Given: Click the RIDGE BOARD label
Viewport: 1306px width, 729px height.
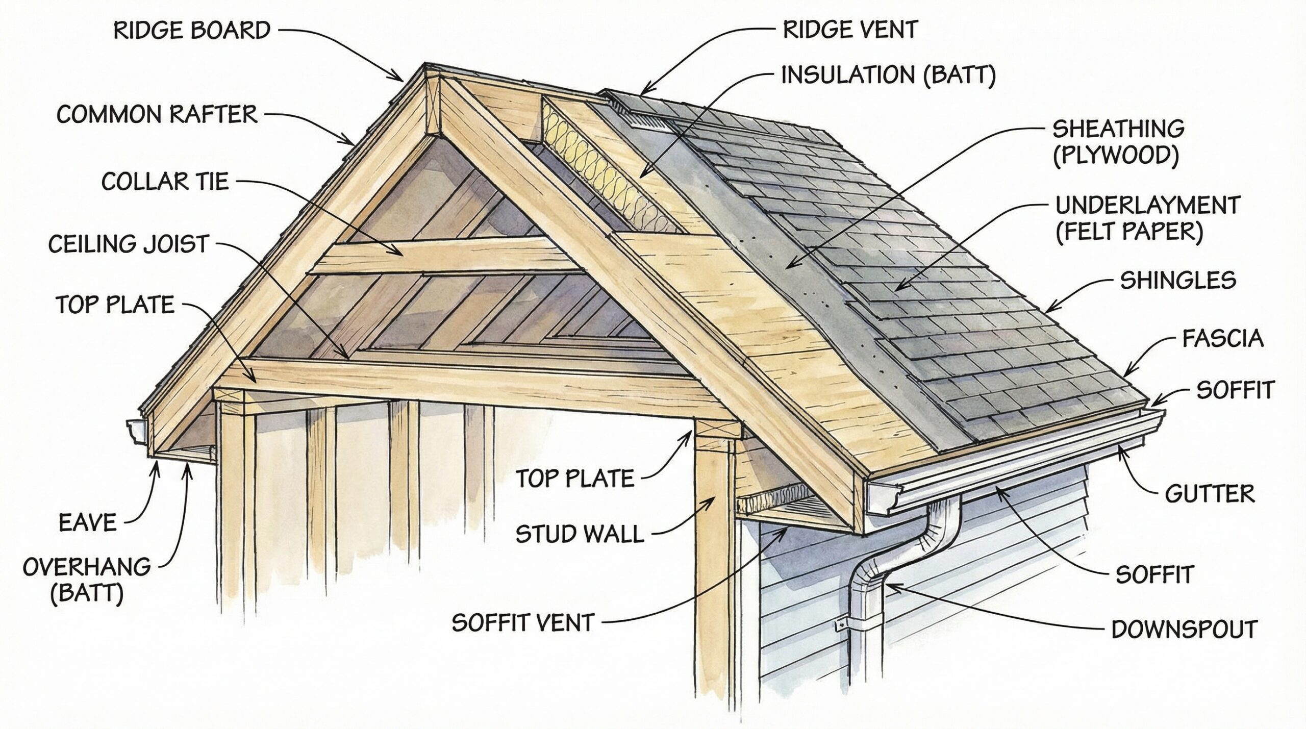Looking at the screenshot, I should coord(192,31).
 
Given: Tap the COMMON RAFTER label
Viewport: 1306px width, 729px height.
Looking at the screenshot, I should coord(157,114).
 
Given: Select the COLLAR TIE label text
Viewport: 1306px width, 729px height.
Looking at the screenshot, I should coord(165,181).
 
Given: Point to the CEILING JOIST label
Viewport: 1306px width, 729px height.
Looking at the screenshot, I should coord(129,244).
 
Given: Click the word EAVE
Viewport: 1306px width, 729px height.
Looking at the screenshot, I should coord(88,523).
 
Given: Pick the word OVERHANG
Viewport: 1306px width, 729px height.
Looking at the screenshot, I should coord(87,567).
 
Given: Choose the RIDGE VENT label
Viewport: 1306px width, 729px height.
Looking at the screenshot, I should coord(850,30).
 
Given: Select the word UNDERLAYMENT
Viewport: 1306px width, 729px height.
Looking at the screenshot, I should coord(1146,205).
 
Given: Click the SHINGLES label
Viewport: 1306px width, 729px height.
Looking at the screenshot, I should coord(1178,280).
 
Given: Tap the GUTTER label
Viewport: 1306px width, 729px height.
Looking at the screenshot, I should coord(1210,494).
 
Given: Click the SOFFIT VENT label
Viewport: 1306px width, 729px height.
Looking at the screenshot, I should coord(523,622).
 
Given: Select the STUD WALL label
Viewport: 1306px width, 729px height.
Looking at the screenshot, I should coord(580,534).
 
